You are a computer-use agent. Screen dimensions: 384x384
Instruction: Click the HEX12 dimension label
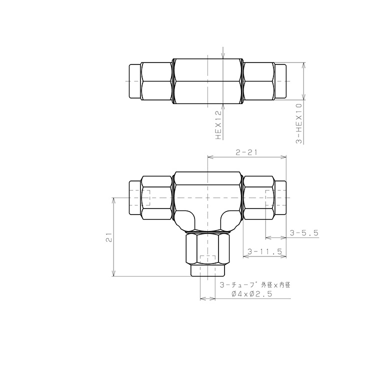click(x=218, y=125)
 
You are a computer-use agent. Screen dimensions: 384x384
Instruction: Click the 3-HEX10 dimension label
click(x=299, y=123)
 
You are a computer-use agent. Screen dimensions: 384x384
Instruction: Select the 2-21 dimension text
click(x=246, y=152)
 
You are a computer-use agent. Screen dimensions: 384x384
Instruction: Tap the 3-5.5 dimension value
click(x=304, y=232)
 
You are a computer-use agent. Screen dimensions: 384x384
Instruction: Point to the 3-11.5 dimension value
click(x=264, y=251)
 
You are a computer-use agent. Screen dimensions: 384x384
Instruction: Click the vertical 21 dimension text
click(x=108, y=237)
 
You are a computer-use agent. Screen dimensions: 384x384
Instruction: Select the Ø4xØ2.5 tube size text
click(x=252, y=293)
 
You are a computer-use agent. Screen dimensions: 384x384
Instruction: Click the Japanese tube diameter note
click(x=255, y=285)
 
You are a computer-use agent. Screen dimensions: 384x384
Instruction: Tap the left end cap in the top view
click(x=135, y=81)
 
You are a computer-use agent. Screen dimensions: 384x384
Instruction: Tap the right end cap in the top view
click(x=280, y=81)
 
